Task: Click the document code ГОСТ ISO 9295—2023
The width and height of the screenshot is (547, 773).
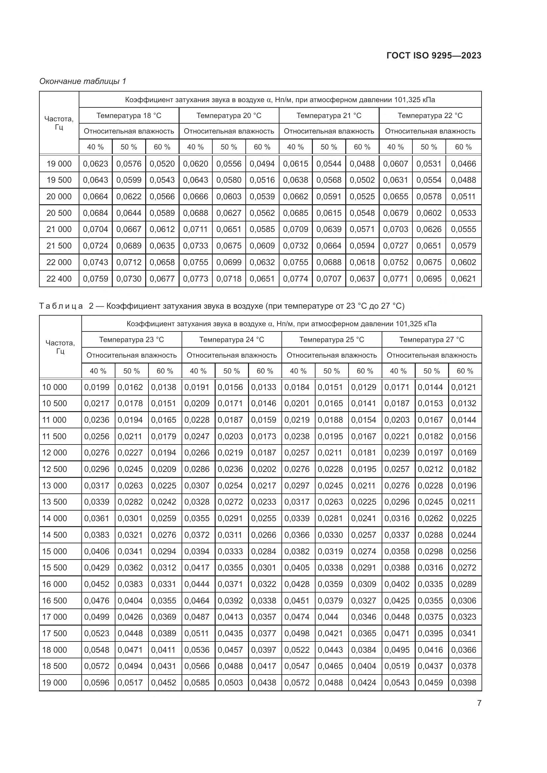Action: (x=434, y=56)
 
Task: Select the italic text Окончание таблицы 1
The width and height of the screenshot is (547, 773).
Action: (x=83, y=81)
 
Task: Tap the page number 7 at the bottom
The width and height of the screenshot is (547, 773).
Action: (x=479, y=703)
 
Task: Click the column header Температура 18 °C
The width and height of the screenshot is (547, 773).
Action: (x=129, y=115)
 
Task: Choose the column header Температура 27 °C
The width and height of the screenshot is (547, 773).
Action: (x=432, y=339)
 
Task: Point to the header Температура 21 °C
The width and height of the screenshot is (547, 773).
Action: (x=329, y=115)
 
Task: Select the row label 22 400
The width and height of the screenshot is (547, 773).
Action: (x=59, y=279)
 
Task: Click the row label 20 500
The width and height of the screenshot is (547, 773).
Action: (x=59, y=213)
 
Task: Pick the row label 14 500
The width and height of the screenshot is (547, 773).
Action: (x=55, y=535)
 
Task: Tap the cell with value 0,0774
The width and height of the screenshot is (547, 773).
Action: (x=295, y=279)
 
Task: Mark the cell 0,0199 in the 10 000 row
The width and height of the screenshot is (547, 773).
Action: (x=97, y=387)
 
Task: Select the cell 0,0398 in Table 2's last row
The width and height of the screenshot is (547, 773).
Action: (x=463, y=682)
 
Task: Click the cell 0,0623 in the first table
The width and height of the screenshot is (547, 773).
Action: (x=95, y=164)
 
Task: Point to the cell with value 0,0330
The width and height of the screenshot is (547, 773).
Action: (x=330, y=535)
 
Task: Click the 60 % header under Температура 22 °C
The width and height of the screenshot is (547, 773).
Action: (x=463, y=147)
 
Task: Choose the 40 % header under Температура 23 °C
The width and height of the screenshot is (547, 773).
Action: (x=98, y=371)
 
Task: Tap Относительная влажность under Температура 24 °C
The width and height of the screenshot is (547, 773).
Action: (x=231, y=355)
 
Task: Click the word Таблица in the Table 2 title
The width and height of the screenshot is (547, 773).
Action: (x=61, y=306)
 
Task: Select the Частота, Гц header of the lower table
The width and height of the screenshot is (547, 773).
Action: (x=60, y=347)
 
